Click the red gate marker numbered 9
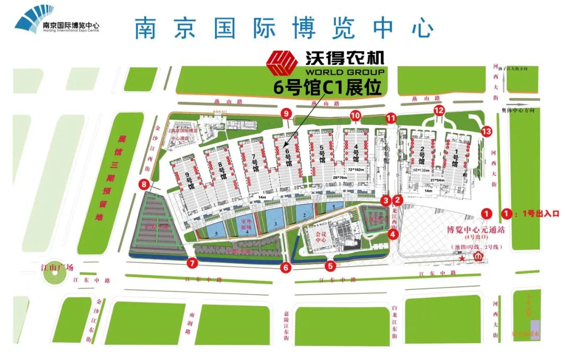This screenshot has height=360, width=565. pyautogui.click(x=286, y=114)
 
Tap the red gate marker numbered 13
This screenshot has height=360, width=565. pyautogui.click(x=487, y=131)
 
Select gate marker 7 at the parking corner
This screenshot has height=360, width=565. pyautogui.click(x=193, y=263)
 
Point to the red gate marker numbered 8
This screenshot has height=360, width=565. pyautogui.click(x=142, y=184)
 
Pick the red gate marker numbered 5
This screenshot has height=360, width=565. pyautogui.click(x=330, y=265)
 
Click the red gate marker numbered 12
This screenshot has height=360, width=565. pyautogui.click(x=439, y=110)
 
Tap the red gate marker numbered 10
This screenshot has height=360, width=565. pyautogui.click(x=355, y=115)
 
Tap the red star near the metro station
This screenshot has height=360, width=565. pyautogui.click(x=462, y=258)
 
